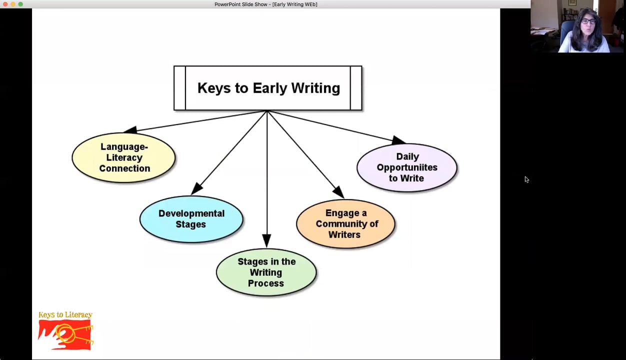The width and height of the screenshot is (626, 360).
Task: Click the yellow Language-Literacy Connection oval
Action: point(124,157)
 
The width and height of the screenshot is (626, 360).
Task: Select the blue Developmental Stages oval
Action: point(191,219)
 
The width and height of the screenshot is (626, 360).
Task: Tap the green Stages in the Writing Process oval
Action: point(266,272)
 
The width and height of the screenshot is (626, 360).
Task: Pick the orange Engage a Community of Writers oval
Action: point(345,224)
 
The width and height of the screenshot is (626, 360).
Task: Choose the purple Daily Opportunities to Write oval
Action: point(406,167)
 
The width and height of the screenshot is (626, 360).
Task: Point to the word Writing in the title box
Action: point(315,88)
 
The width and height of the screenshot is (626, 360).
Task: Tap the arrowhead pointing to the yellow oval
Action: point(130,130)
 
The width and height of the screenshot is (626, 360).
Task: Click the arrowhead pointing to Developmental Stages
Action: point(196,188)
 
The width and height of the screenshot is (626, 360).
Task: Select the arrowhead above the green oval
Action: point(266,240)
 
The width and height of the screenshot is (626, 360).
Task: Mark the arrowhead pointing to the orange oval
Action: point(338,191)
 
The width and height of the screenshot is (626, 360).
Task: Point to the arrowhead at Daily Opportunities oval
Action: point(398,140)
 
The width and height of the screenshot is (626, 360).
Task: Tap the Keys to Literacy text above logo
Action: point(65,315)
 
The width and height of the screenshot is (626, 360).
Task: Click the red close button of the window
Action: point(5,4)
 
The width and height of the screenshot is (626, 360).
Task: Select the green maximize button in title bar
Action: point(20,4)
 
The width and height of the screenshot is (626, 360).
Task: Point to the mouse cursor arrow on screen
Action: point(526,179)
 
